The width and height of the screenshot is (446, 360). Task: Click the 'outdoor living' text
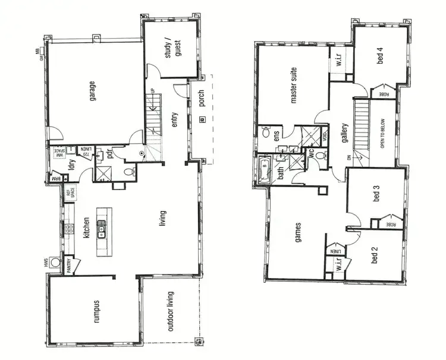point(170,311)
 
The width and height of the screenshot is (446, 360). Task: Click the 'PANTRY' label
point(68,262)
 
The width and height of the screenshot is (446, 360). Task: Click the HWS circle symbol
point(55,261)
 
